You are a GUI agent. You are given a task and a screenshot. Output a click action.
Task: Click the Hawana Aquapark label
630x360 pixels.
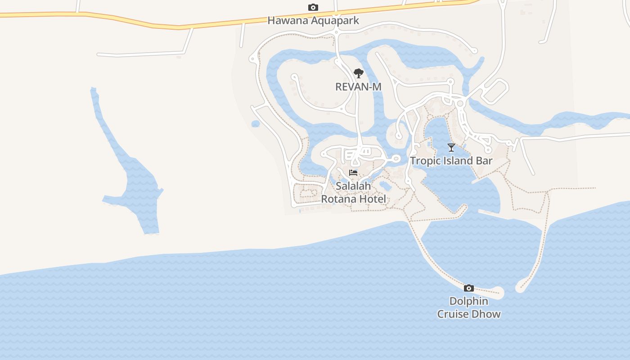313,20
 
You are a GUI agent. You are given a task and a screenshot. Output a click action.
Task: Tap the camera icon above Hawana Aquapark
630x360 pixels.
313,7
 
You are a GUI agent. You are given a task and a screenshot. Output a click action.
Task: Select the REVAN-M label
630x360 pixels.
358,86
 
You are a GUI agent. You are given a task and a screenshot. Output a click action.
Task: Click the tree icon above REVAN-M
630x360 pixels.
358,73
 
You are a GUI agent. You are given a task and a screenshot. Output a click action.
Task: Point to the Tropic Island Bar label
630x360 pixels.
451,161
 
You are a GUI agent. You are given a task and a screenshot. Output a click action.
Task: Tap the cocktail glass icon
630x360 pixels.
451,147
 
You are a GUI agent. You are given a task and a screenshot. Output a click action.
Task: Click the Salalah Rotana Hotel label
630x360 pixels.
353,192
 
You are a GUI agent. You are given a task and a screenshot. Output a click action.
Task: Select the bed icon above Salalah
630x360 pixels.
353,172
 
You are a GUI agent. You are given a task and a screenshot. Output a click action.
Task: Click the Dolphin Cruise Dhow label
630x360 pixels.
469,308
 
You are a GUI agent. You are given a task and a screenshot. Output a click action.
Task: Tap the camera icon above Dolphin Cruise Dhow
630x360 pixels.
469,288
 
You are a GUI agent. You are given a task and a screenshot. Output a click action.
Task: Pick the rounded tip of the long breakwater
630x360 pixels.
499,293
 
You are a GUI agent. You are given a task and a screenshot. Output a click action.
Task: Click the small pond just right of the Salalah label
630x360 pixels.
385,185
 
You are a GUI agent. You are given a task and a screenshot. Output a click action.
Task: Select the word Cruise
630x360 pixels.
453,314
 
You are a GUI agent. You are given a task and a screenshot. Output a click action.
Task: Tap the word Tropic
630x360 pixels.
423,161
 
